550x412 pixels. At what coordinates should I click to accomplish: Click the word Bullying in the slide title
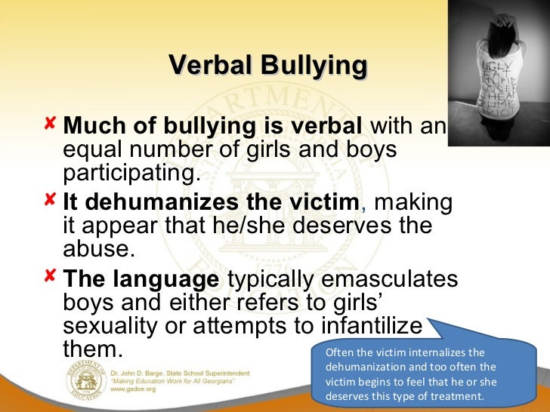coord(313,66)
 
